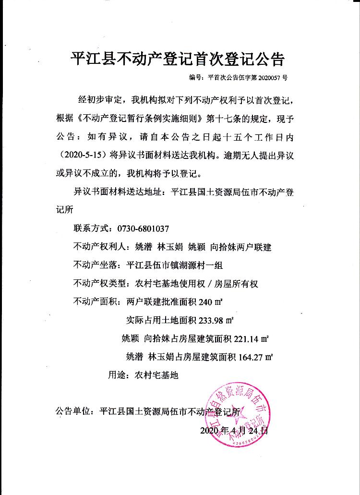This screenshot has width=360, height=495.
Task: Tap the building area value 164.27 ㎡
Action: [x=254, y=357]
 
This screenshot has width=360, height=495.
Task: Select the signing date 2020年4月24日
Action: [x=232, y=431]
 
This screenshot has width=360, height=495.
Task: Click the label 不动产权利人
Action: [x=100, y=247]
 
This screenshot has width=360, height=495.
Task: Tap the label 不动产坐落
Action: [x=96, y=265]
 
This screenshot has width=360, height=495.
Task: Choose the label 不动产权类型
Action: [x=100, y=283]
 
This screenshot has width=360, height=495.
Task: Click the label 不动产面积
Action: [x=96, y=302]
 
